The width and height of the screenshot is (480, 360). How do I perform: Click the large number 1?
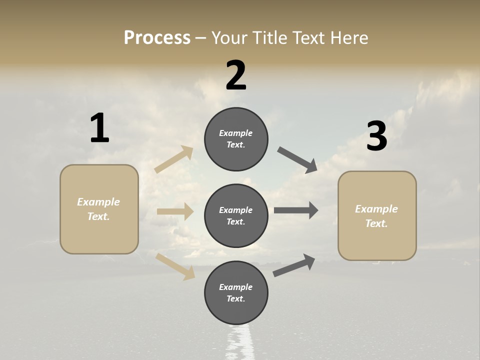coord(99,128)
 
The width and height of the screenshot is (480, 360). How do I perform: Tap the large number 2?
coord(236,75)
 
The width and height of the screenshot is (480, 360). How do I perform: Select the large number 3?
coord(376,136)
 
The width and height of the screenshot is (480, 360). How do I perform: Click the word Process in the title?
coord(157,37)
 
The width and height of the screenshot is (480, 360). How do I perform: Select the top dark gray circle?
coord(236,139)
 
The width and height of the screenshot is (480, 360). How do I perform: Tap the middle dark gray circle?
coord(236,215)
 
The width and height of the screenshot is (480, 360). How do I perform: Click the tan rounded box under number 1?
coord(99,209)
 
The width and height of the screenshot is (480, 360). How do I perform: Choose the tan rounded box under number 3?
coord(377,216)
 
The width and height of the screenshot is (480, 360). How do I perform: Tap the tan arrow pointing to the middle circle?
coord(175,211)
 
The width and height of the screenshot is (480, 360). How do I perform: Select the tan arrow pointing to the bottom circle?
coord(175,266)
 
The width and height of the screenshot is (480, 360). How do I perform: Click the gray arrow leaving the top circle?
coord(297,160)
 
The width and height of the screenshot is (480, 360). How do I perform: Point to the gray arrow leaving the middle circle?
coord(296,210)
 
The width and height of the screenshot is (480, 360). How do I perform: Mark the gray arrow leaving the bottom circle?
coord(294,265)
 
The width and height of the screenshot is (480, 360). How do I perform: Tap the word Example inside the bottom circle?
coord(236,287)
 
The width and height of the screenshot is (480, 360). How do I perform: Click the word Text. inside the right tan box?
coord(376,223)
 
